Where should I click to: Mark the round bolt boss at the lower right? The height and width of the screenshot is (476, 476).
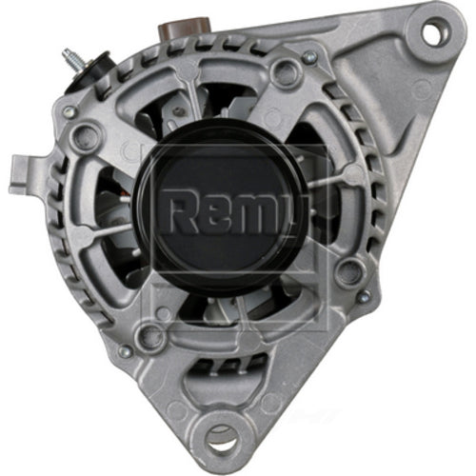point(348,274)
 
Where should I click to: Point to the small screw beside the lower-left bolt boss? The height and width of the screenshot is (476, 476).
point(125,351)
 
